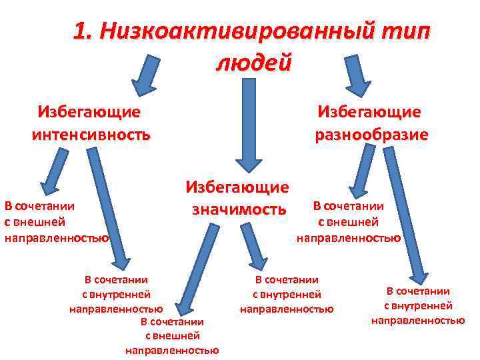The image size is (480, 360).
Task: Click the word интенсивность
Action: click(x=91, y=135)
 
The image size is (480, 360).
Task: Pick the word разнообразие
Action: click(x=371, y=135)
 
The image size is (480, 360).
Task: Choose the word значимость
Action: click(x=239, y=210)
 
